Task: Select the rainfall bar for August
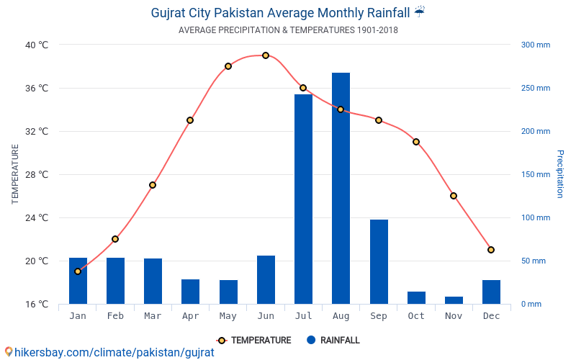(x=341, y=188)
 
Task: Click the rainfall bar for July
(x=303, y=199)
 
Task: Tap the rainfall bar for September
(x=379, y=261)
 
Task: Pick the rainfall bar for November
(x=454, y=300)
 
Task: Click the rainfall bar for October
(x=416, y=297)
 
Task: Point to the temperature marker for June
(x=266, y=55)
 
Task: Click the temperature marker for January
(x=78, y=271)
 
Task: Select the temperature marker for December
(x=491, y=250)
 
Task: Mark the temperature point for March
(x=153, y=185)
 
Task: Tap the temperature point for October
(x=416, y=142)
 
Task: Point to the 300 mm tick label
(x=535, y=45)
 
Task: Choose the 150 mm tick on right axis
(x=535, y=174)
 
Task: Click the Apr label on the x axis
(x=190, y=316)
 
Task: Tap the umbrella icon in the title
(x=420, y=12)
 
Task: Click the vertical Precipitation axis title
(x=559, y=174)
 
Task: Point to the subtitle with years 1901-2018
(x=288, y=30)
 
